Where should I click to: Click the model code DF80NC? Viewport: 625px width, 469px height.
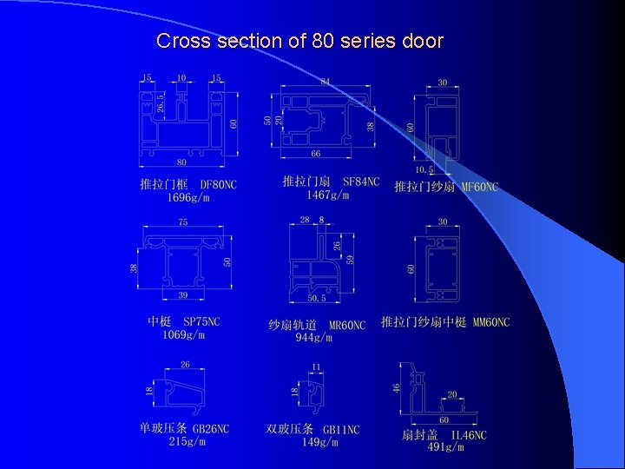tap(218, 185)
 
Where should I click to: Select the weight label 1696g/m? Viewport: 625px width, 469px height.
tap(188, 197)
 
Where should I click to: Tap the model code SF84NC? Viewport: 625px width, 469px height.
tap(361, 182)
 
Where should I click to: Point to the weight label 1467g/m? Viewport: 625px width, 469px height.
tap(327, 195)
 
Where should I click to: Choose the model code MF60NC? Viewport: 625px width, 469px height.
tap(479, 187)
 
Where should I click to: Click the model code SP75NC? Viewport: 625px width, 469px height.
tap(201, 322)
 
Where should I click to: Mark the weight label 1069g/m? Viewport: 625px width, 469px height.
tap(183, 334)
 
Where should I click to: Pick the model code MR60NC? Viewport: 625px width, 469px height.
tap(346, 325)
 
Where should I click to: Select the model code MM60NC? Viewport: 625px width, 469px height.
tap(490, 322)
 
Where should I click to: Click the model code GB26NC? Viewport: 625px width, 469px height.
tap(210, 428)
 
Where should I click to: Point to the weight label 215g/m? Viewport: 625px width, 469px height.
tap(187, 441)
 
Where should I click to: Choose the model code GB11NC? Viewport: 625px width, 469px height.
tap(341, 429)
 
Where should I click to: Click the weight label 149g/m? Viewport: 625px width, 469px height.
tap(317, 442)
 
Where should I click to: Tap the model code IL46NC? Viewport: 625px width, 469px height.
tap(469, 434)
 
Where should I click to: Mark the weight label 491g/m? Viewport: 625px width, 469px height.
tap(445, 446)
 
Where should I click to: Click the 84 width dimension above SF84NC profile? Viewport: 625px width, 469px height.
tap(326, 82)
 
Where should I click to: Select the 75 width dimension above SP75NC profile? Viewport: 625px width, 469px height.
tap(183, 223)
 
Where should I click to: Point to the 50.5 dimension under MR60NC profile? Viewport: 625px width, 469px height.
tap(317, 299)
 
